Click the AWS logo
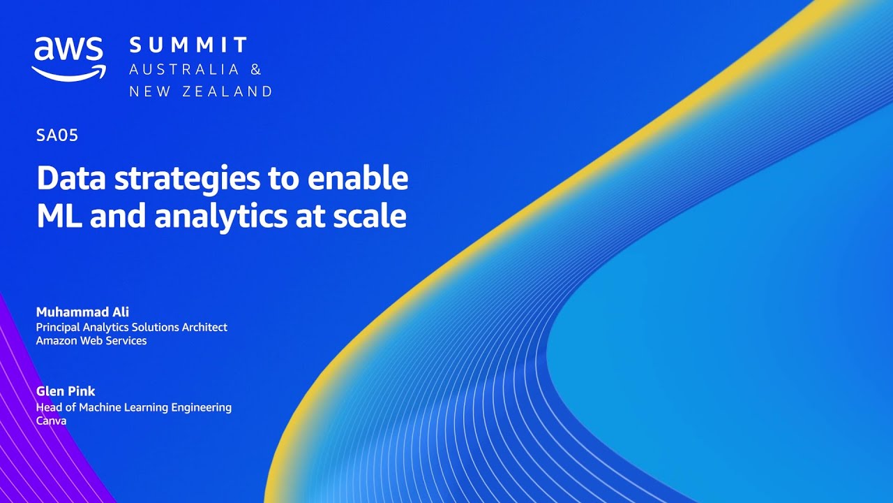click(x=68, y=57)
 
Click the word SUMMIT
click(x=188, y=46)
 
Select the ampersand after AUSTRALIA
click(x=256, y=69)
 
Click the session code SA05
click(x=57, y=136)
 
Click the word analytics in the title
click(x=218, y=216)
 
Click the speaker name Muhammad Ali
click(x=82, y=312)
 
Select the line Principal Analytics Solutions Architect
click(x=132, y=327)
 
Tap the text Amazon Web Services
click(x=91, y=340)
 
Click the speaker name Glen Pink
click(x=66, y=391)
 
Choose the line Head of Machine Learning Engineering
click(x=134, y=407)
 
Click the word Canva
click(x=51, y=421)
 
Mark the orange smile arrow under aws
click(x=68, y=72)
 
